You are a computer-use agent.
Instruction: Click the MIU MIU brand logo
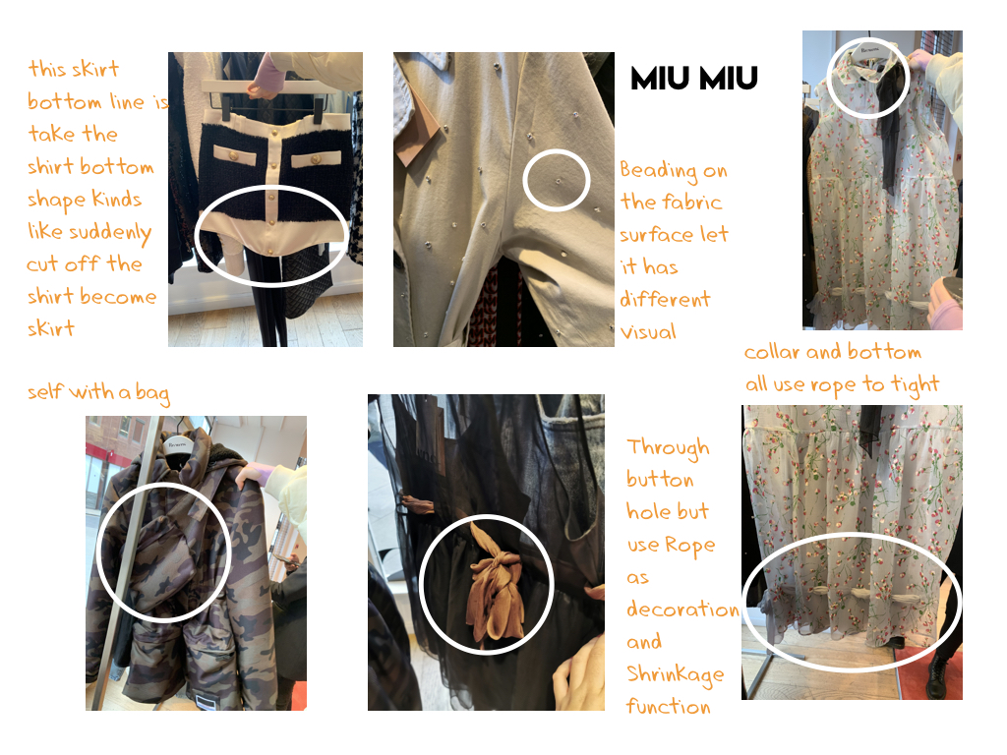(x=694, y=79)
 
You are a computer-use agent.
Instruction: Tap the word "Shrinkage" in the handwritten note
(x=675, y=674)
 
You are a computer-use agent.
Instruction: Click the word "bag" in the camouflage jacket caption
(x=152, y=392)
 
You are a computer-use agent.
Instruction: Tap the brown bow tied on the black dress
(x=495, y=583)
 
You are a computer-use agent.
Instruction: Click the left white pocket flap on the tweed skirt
(x=234, y=154)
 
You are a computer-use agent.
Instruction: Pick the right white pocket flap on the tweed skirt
(x=316, y=158)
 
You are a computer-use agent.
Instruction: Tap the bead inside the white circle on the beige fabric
(x=558, y=181)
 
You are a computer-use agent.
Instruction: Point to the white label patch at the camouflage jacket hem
(x=206, y=702)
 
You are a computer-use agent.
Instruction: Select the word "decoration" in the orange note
(x=682, y=609)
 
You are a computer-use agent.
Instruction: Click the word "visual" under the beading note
(x=648, y=332)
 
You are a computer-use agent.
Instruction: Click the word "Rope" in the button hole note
(x=689, y=545)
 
